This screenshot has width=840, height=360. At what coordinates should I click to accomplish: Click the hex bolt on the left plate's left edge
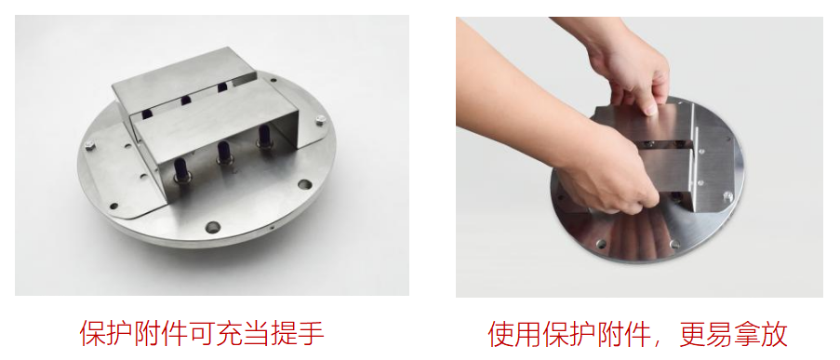[x=89, y=144]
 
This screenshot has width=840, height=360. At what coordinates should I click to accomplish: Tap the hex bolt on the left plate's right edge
[x=320, y=120]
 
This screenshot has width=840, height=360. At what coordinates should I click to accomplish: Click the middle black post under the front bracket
[x=224, y=153]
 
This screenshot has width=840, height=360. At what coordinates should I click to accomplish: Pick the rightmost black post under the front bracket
[x=264, y=136]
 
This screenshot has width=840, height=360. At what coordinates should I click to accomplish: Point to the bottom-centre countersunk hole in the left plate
[x=213, y=227]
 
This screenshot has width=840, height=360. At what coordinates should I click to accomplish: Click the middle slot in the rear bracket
[x=186, y=100]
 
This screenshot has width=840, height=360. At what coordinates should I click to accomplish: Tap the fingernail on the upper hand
[x=650, y=110]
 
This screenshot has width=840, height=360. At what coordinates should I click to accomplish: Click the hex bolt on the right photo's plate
[x=728, y=196]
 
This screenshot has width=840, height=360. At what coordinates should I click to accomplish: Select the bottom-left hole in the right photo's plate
[x=602, y=244]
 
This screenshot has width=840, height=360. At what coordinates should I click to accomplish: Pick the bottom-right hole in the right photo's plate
[x=675, y=244]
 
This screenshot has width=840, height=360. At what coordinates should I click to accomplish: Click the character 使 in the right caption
[x=500, y=334]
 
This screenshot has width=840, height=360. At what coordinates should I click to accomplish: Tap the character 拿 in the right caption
[x=747, y=334]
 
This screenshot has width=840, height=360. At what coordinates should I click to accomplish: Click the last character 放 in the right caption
[x=775, y=334]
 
